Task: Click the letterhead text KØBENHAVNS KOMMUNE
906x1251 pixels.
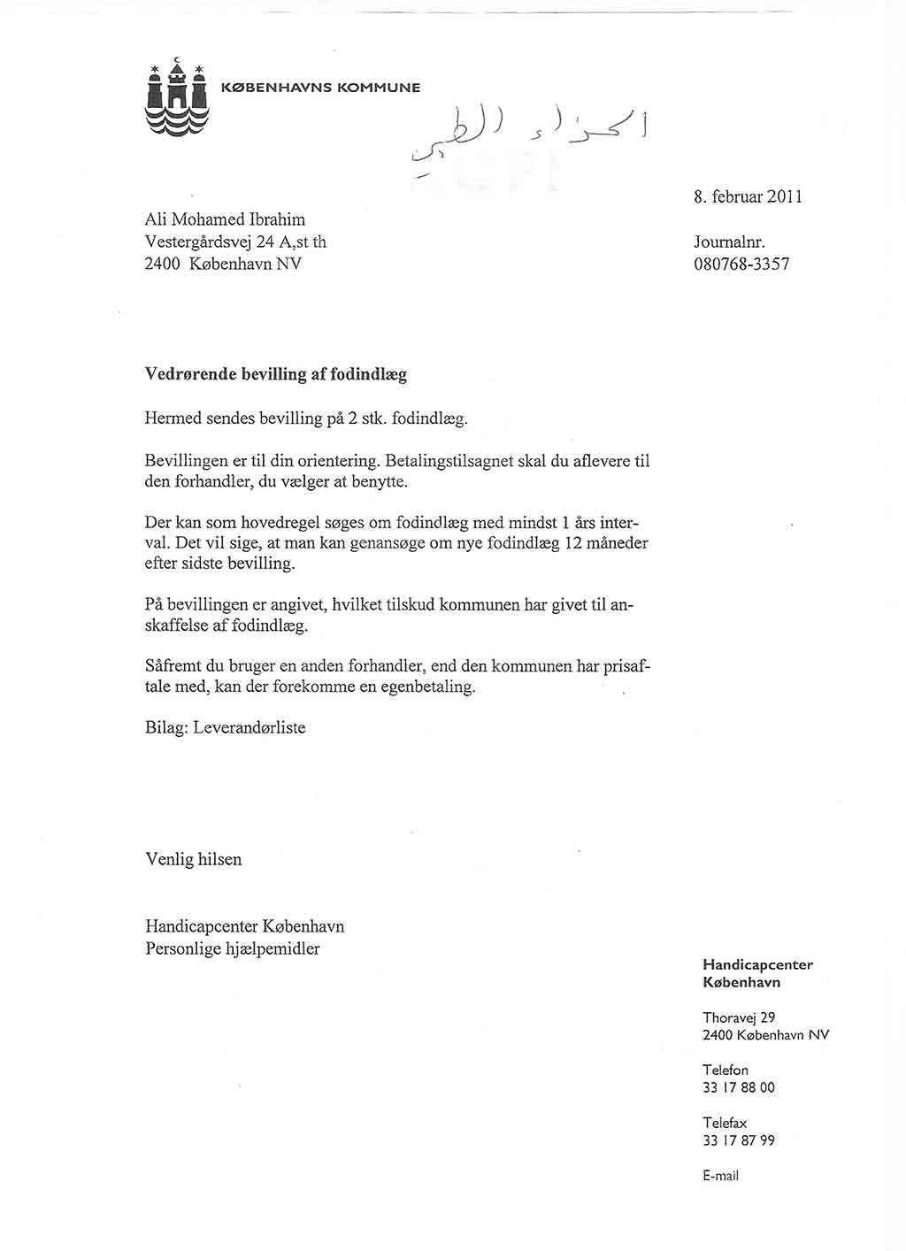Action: [x=319, y=88]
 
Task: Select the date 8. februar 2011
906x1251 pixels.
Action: [x=749, y=197]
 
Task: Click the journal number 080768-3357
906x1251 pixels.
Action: [x=741, y=264]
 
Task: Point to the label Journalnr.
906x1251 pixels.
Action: [x=729, y=242]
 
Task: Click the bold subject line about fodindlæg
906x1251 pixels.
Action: [x=275, y=374]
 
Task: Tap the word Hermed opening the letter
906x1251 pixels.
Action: [x=173, y=418]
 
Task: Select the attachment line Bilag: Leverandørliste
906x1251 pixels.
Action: [x=225, y=728]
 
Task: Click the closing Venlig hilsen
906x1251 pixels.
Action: [x=193, y=859]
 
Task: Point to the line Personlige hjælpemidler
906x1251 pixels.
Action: [x=232, y=949]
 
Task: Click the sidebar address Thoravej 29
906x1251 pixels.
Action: [x=739, y=1017]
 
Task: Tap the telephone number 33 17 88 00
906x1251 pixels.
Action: [x=738, y=1088]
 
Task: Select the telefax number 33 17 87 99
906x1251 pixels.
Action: [x=738, y=1141]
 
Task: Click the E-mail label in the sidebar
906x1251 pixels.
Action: [x=720, y=1176]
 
